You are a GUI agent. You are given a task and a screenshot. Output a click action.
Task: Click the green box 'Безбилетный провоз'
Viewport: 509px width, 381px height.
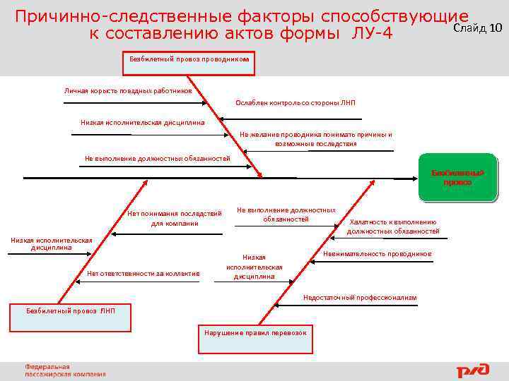click(x=457, y=178)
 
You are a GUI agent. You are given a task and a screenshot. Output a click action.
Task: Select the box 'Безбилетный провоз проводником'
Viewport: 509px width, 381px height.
click(x=189, y=61)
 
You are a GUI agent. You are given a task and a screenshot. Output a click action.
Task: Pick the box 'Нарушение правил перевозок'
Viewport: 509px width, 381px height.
click(x=255, y=332)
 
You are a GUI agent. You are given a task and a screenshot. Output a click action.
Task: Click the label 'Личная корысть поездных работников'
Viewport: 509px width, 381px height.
click(x=128, y=91)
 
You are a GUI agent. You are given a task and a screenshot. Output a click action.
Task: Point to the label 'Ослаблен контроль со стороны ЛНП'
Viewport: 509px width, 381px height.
click(x=296, y=103)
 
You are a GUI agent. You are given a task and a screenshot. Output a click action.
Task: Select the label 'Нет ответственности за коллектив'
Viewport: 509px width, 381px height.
click(x=144, y=274)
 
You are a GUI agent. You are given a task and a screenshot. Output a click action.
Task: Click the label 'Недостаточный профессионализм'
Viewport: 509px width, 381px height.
click(x=360, y=298)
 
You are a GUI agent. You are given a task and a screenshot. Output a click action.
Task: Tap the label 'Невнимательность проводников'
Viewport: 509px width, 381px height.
click(x=377, y=254)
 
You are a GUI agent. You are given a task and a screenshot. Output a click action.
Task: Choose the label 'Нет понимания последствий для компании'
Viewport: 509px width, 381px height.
click(x=175, y=218)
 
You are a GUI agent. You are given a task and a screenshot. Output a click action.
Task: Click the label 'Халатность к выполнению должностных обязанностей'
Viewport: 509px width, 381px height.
click(x=393, y=226)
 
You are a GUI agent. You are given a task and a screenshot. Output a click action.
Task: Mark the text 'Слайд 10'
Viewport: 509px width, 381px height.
click(x=477, y=28)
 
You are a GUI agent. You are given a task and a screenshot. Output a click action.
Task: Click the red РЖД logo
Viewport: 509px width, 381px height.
click(x=472, y=370)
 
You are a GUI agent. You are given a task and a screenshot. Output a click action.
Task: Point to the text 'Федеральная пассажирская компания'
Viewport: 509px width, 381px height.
click(x=65, y=370)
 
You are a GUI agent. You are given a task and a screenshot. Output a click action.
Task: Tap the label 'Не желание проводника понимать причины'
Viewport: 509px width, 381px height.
click(x=315, y=134)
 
